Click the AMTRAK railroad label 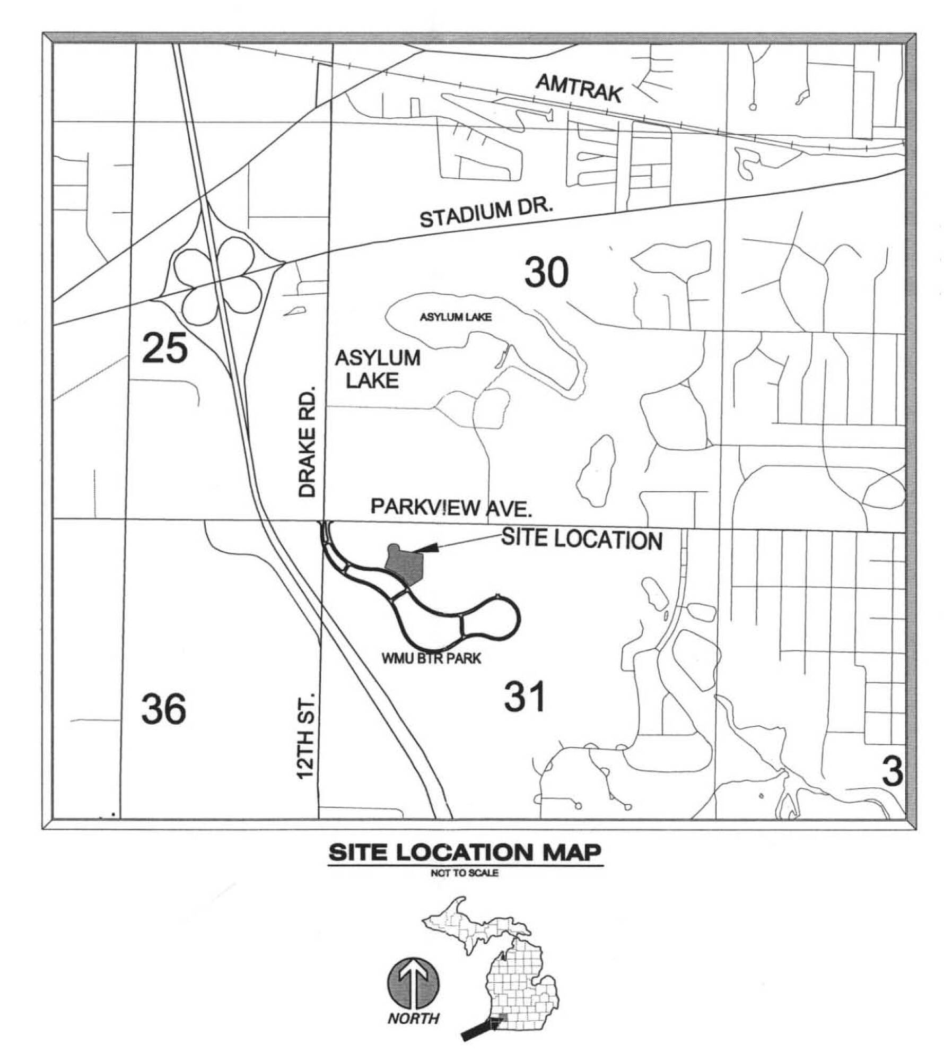pos(579,88)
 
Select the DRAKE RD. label pos(307,441)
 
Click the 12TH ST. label pos(307,735)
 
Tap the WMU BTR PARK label pos(431,659)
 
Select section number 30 pos(546,272)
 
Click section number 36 pos(163,709)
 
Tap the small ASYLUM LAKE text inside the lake pos(456,317)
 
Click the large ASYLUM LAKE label pos(378,369)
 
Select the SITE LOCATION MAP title pos(465,854)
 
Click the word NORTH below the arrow pos(413,1018)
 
